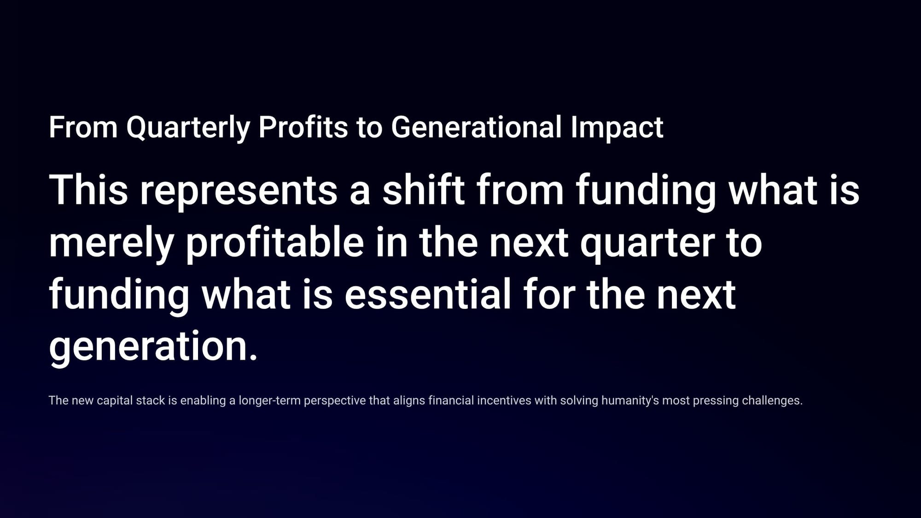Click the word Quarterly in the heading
(188, 128)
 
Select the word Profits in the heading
(303, 127)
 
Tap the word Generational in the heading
(476, 127)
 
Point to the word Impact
(617, 128)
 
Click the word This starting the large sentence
(88, 190)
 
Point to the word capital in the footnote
(112, 401)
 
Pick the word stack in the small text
(148, 401)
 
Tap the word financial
(451, 401)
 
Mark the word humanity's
(630, 401)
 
